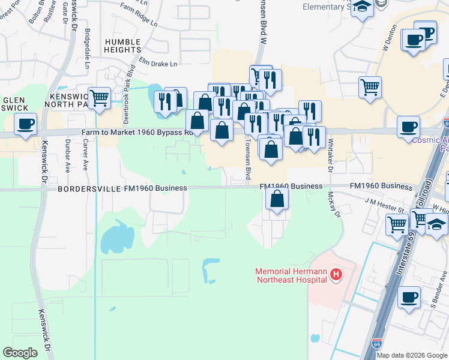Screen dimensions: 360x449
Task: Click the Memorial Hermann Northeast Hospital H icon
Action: click(x=336, y=275)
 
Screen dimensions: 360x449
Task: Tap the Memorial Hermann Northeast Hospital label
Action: click(x=291, y=275)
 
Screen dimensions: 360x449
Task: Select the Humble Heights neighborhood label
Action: click(x=122, y=46)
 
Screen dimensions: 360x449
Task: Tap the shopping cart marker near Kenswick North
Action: click(x=99, y=97)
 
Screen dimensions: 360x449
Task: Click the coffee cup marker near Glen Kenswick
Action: click(x=25, y=124)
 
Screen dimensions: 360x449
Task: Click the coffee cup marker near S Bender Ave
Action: click(x=409, y=297)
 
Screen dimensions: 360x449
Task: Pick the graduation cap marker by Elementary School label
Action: click(x=362, y=7)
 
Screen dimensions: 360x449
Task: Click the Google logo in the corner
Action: click(x=20, y=353)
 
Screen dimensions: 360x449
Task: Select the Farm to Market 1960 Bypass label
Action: click(x=138, y=133)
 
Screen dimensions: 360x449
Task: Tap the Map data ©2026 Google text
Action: click(x=412, y=355)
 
